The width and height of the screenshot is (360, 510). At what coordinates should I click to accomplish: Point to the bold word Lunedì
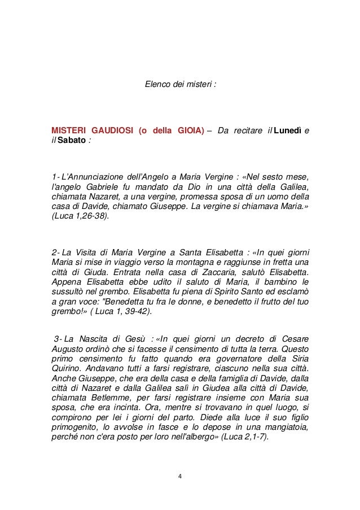click(288, 131)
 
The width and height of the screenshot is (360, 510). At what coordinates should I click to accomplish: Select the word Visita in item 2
click(78, 251)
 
